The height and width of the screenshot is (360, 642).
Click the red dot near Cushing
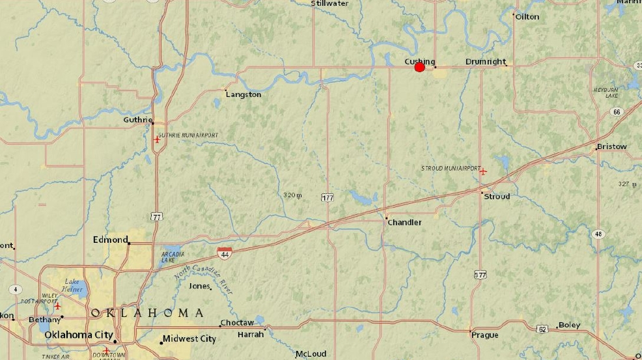click(x=419, y=67)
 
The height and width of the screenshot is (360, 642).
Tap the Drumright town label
click(x=486, y=62)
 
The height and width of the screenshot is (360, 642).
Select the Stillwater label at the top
click(x=329, y=3)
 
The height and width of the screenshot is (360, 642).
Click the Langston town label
click(x=243, y=94)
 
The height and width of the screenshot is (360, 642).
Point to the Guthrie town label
click(x=137, y=120)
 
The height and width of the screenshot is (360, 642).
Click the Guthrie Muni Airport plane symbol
click(x=156, y=139)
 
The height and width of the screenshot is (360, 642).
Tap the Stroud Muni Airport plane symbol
click(x=482, y=171)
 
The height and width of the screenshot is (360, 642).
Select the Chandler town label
click(x=404, y=222)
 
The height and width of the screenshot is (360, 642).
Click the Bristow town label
click(x=612, y=146)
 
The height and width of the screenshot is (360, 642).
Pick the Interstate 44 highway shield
click(x=223, y=251)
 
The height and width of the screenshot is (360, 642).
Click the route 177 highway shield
click(x=328, y=197)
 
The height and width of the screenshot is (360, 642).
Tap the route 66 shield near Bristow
click(x=617, y=112)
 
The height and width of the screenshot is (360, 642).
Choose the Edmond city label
click(x=110, y=240)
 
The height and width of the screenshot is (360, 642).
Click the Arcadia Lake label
click(x=173, y=257)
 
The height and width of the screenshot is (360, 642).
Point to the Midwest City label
click(x=189, y=339)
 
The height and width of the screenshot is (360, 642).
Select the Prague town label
click(x=484, y=335)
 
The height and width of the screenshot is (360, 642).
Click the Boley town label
click(x=569, y=325)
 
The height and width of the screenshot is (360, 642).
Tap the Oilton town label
click(x=527, y=16)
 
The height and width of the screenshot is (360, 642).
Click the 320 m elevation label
click(x=293, y=195)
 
